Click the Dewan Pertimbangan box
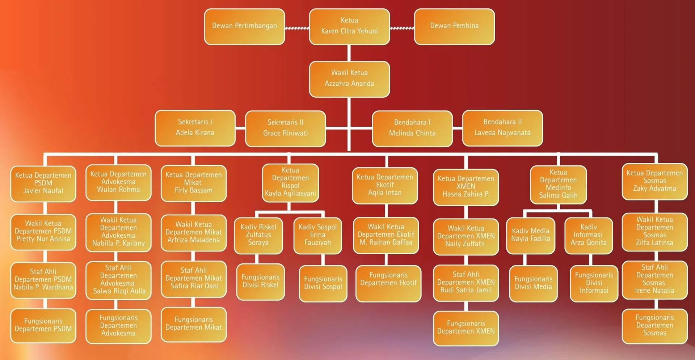244,26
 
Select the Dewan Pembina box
454,26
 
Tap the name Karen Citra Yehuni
349,31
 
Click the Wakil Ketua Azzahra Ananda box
349,79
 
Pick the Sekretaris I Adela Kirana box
195,128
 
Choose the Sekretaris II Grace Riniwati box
285,128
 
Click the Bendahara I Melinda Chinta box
412,128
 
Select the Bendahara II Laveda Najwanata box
502,128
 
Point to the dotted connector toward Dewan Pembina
402,28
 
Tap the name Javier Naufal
43,191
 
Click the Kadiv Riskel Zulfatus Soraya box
258,235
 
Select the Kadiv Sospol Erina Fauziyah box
317,235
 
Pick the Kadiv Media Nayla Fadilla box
531,235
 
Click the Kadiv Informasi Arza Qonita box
589,235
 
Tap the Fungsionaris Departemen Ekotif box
388,283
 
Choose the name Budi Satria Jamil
466,290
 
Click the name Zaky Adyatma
654,189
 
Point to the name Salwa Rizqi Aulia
119,291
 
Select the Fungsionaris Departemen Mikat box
194,324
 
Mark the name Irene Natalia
654,291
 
